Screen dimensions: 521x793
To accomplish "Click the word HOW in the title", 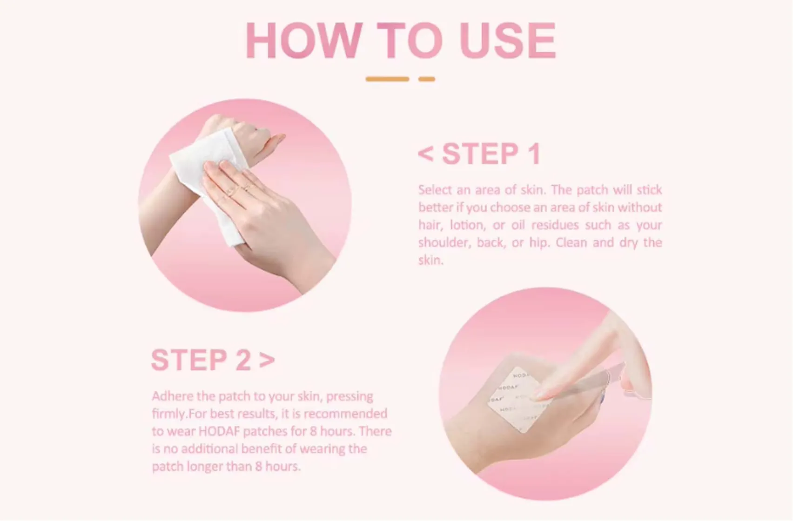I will pyautogui.click(x=303, y=40).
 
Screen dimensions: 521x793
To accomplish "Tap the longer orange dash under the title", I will pyautogui.click(x=387, y=79).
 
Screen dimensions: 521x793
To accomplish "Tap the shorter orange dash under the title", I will pyautogui.click(x=426, y=79).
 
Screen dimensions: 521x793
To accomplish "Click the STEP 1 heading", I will pyautogui.click(x=491, y=154).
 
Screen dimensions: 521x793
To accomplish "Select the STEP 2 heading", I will pyautogui.click(x=202, y=360).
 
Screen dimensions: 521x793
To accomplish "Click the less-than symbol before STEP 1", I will pyautogui.click(x=425, y=154).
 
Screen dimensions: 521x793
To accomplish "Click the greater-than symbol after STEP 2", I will pyautogui.click(x=267, y=360).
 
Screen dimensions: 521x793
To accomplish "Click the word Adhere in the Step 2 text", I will pyautogui.click(x=172, y=396).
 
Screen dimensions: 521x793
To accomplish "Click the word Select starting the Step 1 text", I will pyautogui.click(x=435, y=190).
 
